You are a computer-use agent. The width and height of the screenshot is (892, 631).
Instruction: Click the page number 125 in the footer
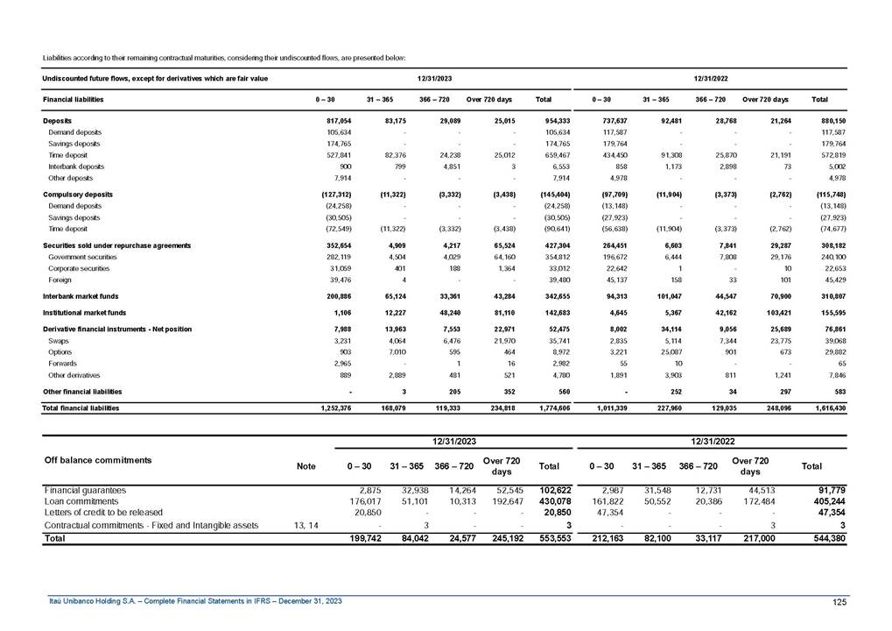(839, 600)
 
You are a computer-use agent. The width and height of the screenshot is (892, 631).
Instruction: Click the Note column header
(306, 466)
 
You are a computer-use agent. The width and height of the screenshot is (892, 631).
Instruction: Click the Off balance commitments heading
(97, 459)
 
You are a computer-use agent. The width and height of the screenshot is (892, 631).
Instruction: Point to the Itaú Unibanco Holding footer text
(194, 600)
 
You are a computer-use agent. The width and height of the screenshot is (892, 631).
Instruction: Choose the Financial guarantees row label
(85, 490)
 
